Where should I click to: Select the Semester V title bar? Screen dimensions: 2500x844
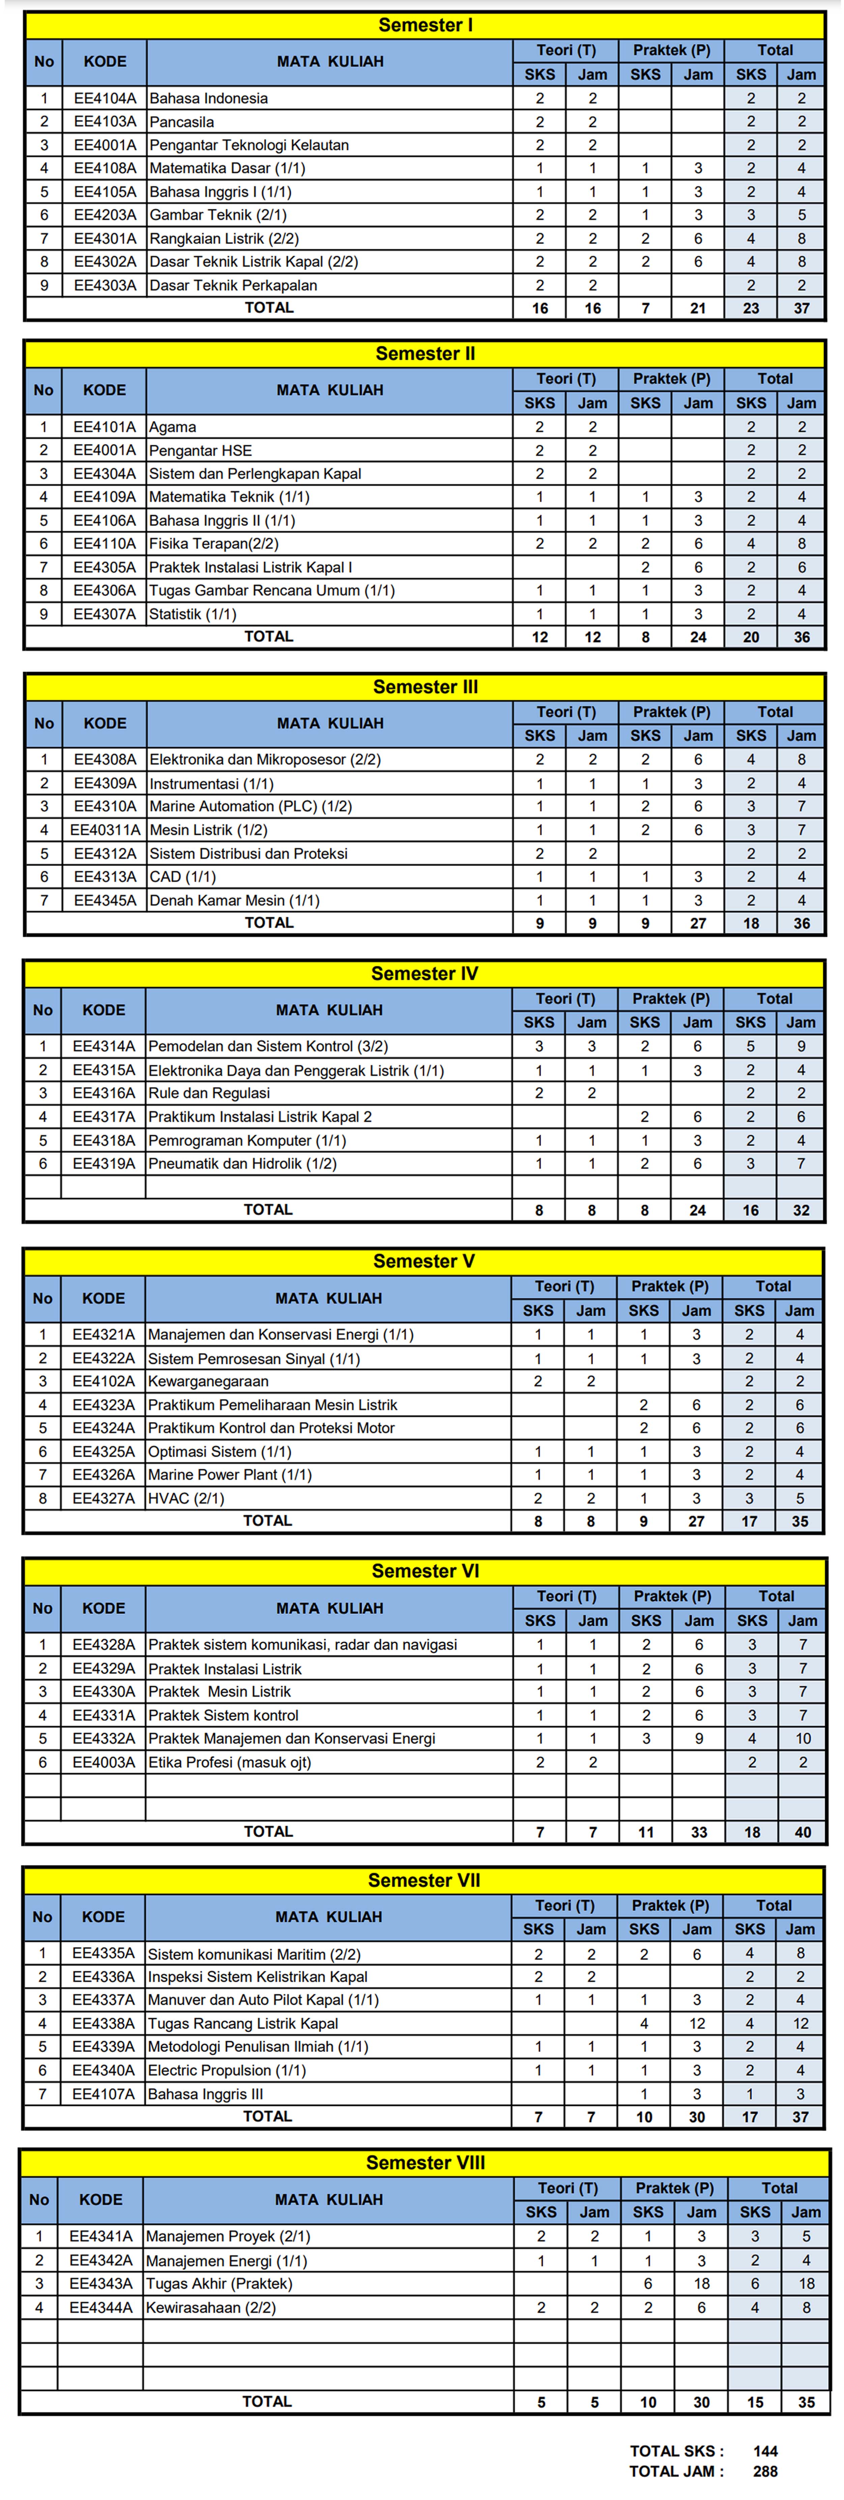[424, 1261]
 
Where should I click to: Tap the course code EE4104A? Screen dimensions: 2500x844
[105, 98]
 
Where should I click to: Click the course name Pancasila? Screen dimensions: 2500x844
[181, 121]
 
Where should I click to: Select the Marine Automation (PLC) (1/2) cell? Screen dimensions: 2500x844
[250, 806]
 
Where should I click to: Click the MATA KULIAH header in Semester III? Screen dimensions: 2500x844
[330, 723]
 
